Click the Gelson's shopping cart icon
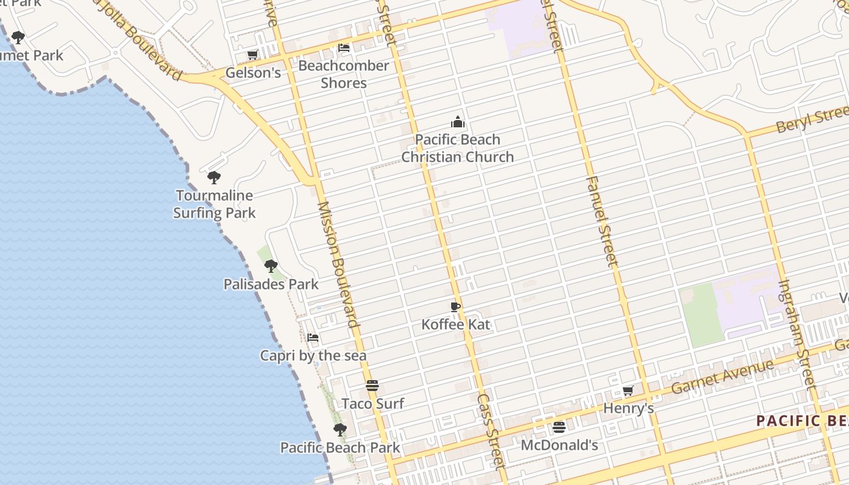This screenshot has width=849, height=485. (x=252, y=55)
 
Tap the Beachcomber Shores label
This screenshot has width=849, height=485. (x=344, y=74)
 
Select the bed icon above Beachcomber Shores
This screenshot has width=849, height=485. (x=344, y=47)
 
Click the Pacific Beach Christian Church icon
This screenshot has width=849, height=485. (x=458, y=122)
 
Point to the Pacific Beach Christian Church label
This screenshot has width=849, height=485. (x=458, y=148)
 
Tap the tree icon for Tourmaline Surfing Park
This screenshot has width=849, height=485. (x=213, y=178)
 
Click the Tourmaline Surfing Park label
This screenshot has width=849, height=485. (x=214, y=204)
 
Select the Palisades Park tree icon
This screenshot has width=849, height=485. (x=271, y=266)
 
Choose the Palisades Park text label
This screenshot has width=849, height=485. (x=271, y=284)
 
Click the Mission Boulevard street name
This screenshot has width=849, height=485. (x=338, y=264)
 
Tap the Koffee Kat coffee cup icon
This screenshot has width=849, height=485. (x=455, y=307)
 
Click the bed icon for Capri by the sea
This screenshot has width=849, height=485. (x=313, y=338)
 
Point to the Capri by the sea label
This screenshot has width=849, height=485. (x=313, y=355)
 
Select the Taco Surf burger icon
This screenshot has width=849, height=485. (x=372, y=386)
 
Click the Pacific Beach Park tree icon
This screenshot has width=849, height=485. (x=340, y=430)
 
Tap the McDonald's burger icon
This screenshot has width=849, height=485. (x=559, y=427)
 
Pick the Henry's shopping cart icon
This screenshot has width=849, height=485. (x=628, y=391)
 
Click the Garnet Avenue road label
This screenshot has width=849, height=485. (x=723, y=376)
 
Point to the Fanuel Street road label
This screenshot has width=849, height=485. (x=602, y=221)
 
